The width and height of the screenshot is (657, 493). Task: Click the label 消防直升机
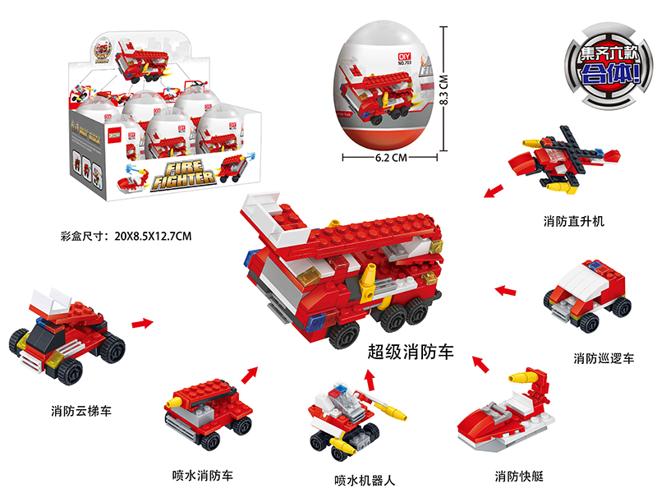coord(573,221)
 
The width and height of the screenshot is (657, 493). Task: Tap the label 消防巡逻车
coord(604,358)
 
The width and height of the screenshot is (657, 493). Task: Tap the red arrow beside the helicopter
coord(494,192)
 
